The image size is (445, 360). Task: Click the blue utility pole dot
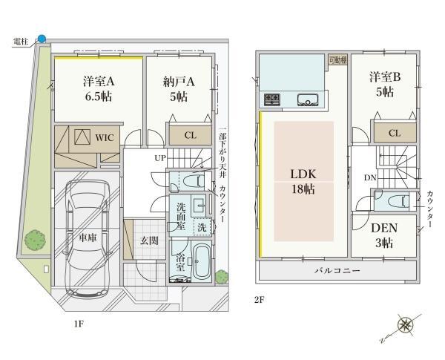(x=42, y=39)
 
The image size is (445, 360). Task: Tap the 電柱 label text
(x=21, y=42)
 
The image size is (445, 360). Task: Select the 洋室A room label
(x=99, y=82)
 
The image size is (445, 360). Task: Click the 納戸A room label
(x=179, y=82)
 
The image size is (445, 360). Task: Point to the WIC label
(x=105, y=138)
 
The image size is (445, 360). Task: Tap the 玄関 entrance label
(x=149, y=241)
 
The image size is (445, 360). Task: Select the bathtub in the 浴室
(x=202, y=262)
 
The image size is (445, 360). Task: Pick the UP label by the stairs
(x=159, y=158)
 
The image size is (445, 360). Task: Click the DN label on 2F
(x=370, y=178)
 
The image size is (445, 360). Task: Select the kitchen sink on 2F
(x=308, y=99)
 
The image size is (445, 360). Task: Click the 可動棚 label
(x=337, y=60)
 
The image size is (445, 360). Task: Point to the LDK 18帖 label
(x=303, y=182)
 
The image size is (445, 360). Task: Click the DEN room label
(x=384, y=228)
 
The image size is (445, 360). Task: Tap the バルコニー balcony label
(x=337, y=270)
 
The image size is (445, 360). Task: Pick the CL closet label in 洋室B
(x=395, y=133)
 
